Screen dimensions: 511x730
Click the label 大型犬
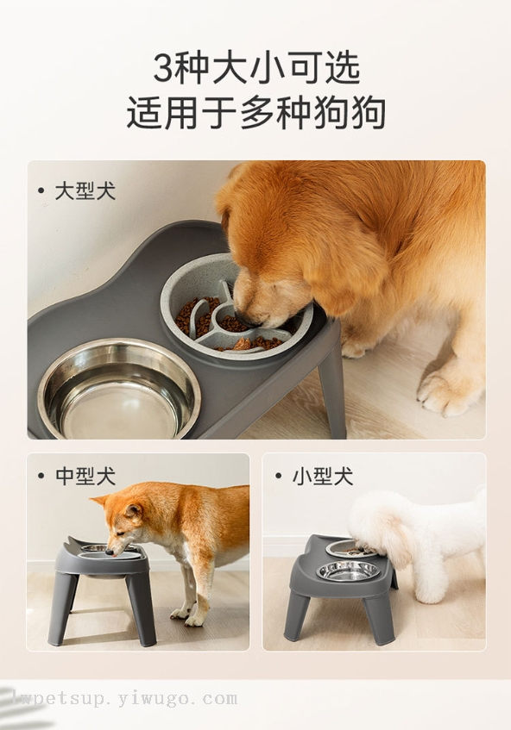coord(85,190)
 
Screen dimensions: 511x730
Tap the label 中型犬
coord(85,476)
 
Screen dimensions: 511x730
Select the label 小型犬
coord(322,476)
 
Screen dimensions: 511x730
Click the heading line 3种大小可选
coord(257,68)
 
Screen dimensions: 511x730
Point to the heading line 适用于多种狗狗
coord(256,112)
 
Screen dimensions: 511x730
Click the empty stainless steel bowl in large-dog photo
coord(119,390)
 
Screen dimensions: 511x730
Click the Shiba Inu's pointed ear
coord(99,502)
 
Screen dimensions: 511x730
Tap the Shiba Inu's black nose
coord(109,552)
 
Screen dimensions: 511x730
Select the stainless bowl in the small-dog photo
coord(347,571)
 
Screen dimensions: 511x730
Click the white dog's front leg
coord(426,577)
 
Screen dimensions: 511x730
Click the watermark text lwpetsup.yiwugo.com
coord(123,699)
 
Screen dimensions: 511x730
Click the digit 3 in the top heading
coord(164,69)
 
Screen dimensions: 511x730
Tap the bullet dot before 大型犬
coord(41,190)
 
